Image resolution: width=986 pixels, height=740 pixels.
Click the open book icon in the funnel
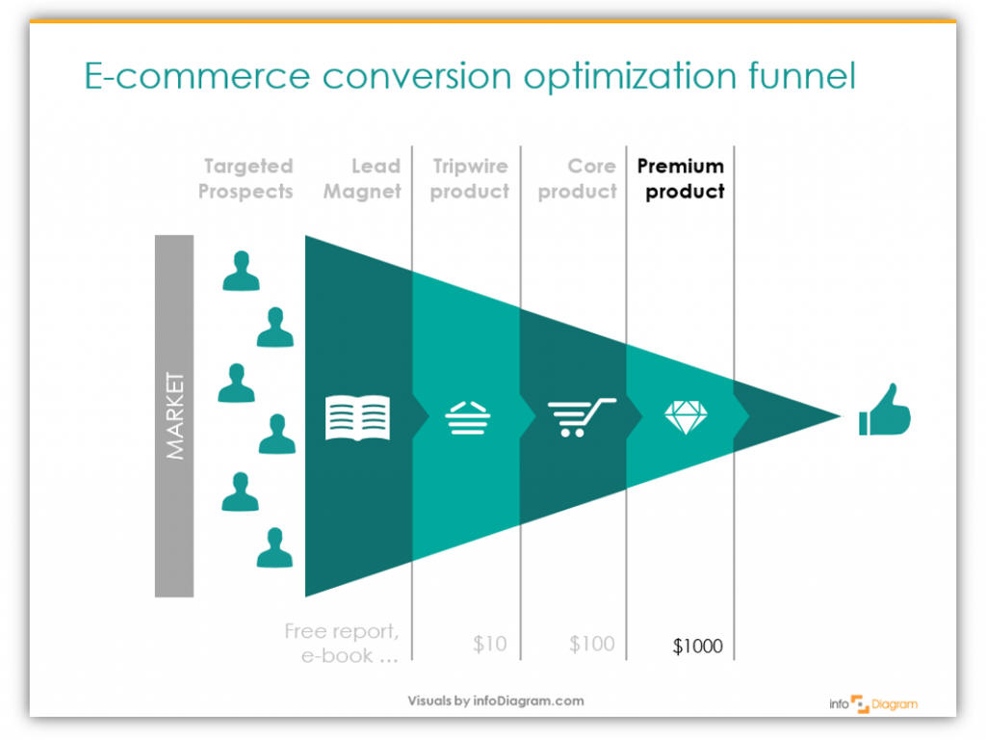(x=357, y=417)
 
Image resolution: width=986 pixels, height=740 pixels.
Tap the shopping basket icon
(x=467, y=418)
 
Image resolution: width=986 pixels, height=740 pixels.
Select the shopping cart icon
(x=582, y=417)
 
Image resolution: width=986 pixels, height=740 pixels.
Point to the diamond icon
(x=686, y=416)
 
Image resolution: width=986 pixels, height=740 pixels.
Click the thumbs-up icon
(x=884, y=410)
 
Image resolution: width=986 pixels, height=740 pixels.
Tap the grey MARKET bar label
(x=174, y=416)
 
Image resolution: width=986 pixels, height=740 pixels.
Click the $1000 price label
(x=697, y=646)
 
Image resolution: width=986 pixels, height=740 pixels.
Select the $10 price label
(x=489, y=644)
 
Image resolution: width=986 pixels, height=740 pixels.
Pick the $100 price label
(x=591, y=644)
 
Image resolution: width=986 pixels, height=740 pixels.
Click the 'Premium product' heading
(x=681, y=178)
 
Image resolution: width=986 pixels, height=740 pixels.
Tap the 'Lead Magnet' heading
(x=362, y=178)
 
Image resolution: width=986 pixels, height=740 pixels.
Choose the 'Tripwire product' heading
(x=470, y=178)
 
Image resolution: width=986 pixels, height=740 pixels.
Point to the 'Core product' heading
(x=578, y=178)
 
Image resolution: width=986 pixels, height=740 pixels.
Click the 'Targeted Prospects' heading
(x=246, y=178)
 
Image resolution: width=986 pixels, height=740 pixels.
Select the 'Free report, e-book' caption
(x=342, y=643)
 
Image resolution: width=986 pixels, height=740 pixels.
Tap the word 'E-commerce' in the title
(x=197, y=76)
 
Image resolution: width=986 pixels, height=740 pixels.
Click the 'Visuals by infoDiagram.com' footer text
(x=496, y=701)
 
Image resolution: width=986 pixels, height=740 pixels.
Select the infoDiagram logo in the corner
(x=873, y=704)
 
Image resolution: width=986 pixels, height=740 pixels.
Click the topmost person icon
(x=241, y=271)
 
